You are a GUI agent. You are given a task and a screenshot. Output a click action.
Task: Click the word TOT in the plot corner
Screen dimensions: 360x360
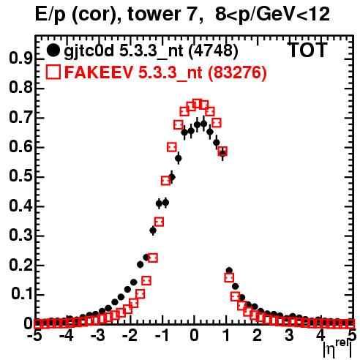307,50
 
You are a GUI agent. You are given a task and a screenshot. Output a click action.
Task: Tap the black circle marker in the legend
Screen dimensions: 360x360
53,50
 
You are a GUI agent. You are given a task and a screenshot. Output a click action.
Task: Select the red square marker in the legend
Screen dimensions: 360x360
53,72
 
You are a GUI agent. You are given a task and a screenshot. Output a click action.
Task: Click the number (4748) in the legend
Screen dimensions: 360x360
214,50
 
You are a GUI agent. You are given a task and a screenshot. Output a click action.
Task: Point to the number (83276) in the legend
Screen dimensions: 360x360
237,72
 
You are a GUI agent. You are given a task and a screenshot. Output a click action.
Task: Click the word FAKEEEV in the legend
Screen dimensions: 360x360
99,72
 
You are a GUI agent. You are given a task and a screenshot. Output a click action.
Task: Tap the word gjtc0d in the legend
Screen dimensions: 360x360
89,52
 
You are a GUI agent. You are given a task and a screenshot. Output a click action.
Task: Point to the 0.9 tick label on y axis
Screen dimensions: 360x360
20,59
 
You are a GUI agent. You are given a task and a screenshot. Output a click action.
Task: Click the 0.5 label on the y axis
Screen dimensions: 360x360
20,176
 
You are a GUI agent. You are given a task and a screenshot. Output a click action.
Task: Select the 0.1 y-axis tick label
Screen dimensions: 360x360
22,294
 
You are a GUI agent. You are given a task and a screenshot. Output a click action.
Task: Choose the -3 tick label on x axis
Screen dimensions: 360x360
98,335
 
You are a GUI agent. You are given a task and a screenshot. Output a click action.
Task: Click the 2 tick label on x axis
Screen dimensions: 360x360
258,335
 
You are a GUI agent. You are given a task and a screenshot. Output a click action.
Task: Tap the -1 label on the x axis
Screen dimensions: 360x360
162,335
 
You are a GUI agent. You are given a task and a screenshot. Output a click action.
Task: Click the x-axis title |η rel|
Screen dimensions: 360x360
337,349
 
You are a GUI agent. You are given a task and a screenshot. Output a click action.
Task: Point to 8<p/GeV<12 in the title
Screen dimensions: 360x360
272,15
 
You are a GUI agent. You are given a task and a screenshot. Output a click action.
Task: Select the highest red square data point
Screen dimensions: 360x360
198,104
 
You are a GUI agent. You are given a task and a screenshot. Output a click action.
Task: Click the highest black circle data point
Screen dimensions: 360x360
203,124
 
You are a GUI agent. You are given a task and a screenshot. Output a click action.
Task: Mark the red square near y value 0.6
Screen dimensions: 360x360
172,147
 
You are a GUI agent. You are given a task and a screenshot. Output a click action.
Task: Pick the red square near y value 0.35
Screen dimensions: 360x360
159,222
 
